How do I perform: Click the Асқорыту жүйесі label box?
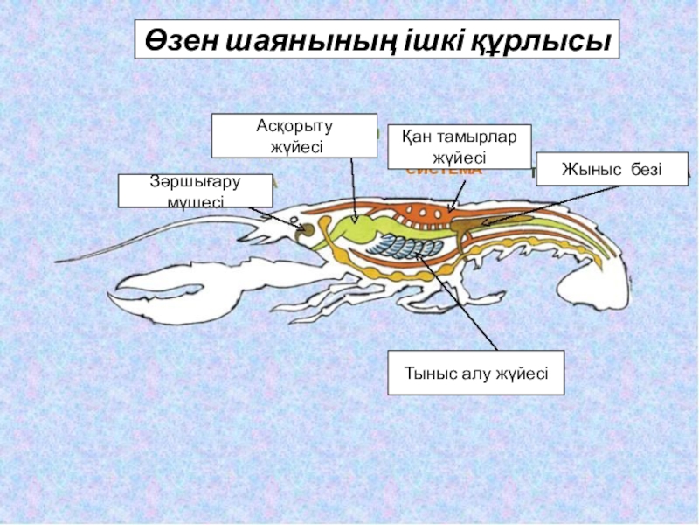tap(294, 136)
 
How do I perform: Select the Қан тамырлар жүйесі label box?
tap(459, 146)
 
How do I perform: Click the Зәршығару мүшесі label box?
tap(195, 191)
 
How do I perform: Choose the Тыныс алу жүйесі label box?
tap(475, 374)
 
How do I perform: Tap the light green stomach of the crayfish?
tap(354, 229)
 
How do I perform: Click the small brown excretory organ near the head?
tap(308, 229)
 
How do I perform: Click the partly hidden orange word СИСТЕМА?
tap(443, 171)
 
